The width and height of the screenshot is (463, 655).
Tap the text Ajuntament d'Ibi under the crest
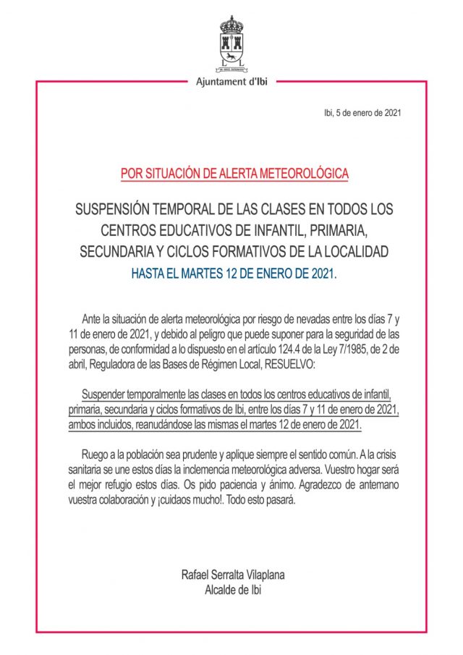tap(231, 82)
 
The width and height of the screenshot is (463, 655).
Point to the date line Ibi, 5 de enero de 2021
tap(361, 113)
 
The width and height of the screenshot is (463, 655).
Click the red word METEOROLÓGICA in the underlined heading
tap(301, 174)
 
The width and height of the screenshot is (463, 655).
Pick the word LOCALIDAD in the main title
tap(352, 252)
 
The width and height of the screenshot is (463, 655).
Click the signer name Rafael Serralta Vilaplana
tap(232, 575)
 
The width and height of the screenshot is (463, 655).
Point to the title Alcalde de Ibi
tap(232, 589)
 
